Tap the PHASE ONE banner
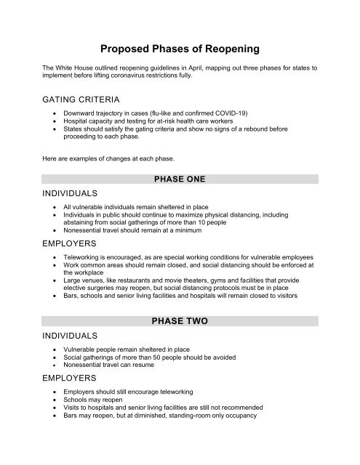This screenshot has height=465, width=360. (x=180, y=179)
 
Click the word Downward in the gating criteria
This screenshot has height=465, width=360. (x=81, y=114)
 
